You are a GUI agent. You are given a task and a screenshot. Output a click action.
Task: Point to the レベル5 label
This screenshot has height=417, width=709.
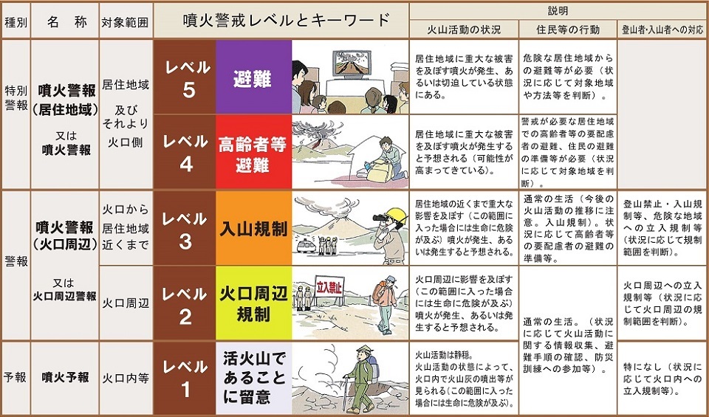(x=185, y=77)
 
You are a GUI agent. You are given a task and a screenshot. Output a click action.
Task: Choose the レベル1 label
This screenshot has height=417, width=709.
(x=185, y=378)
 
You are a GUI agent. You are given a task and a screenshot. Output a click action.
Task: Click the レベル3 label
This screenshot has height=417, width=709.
(x=185, y=229)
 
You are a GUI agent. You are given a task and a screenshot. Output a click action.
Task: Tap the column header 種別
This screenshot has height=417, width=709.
(x=16, y=21)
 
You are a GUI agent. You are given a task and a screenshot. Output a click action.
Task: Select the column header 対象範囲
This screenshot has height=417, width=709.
(x=125, y=21)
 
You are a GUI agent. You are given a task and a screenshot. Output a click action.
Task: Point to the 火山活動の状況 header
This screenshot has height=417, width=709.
(x=465, y=30)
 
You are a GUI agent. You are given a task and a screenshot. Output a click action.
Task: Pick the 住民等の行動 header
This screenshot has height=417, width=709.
(x=566, y=30)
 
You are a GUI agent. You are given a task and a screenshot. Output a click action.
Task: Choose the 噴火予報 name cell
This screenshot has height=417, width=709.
(x=66, y=377)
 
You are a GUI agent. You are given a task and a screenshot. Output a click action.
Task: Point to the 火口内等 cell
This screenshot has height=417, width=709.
(x=125, y=377)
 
